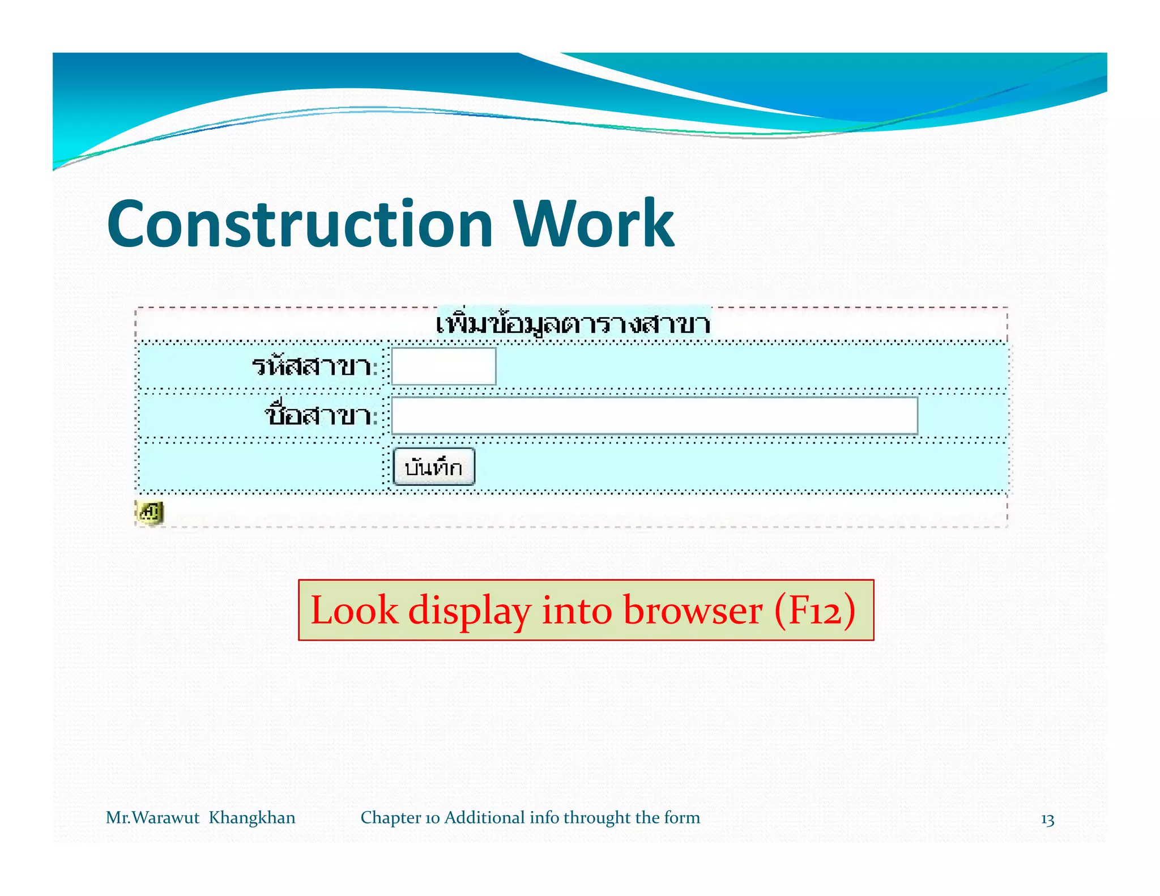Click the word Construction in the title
300,224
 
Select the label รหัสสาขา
313,366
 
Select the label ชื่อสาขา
320,416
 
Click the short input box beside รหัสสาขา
443,366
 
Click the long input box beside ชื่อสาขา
654,416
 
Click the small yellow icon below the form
150,513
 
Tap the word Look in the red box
354,611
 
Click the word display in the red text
470,611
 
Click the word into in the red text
577,611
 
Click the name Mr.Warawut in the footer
152,818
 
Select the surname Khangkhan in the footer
252,818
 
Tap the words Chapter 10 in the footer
400,818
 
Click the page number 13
1047,820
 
